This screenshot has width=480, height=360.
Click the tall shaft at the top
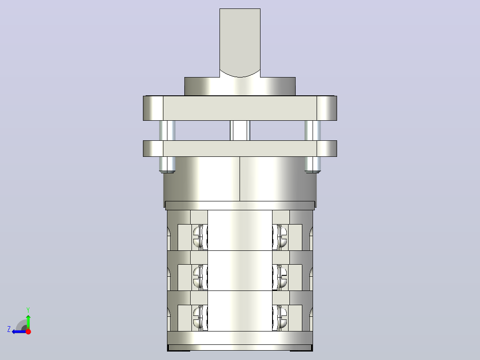[x=240, y=43]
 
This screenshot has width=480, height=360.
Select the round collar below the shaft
[x=240, y=86]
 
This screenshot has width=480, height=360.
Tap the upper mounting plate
[x=240, y=108]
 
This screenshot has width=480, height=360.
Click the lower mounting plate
[x=240, y=149]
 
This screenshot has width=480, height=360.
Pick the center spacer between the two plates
[x=240, y=131]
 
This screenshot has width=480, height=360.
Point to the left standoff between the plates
[x=167, y=131]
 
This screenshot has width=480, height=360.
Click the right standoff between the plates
[x=313, y=131]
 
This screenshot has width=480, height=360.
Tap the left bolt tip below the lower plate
[x=167, y=165]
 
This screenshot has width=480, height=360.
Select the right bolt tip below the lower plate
[x=313, y=165]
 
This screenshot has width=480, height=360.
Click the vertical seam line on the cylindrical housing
[x=240, y=179]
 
